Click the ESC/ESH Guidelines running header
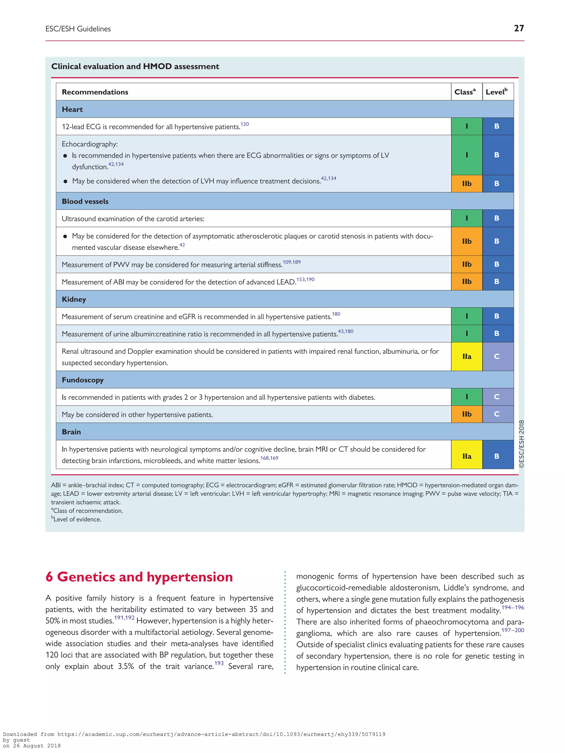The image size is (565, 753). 78,29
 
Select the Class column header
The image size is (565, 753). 465,92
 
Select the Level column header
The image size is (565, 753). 497,92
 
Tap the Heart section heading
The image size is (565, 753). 72,109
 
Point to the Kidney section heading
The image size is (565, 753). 74,299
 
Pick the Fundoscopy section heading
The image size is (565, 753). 83,380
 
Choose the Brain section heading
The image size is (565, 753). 71,432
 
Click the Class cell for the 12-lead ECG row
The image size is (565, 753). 467,126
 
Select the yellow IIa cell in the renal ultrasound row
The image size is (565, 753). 467,357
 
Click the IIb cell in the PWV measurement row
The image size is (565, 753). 467,264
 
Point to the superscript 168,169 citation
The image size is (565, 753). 269,458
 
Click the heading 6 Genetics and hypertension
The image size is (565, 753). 139,577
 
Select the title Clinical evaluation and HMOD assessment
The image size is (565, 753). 135,66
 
